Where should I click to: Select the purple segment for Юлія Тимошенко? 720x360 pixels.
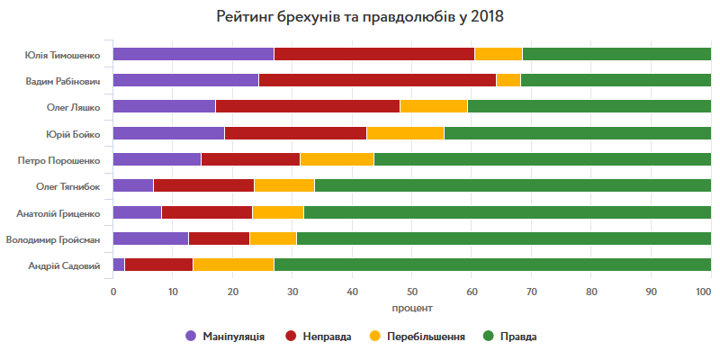click(x=193, y=54)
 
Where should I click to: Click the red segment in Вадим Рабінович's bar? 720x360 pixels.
click(x=377, y=80)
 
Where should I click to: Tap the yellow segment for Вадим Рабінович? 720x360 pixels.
click(x=508, y=80)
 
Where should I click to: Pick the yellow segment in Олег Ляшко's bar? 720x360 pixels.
click(x=434, y=106)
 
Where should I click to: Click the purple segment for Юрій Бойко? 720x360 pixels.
click(x=168, y=133)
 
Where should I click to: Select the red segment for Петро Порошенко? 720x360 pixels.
click(x=250, y=159)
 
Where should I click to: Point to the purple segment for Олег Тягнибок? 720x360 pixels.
click(x=133, y=186)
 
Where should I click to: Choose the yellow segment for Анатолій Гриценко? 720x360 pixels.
click(x=278, y=212)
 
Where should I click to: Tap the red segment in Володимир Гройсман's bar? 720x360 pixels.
click(x=219, y=238)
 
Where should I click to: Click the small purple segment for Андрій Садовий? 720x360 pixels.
click(x=119, y=265)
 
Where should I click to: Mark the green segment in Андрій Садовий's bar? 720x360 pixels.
click(x=492, y=265)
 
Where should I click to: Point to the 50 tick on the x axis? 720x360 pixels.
click(x=411, y=292)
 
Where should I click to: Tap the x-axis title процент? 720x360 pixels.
click(x=412, y=308)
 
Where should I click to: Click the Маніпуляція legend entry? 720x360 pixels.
click(x=225, y=337)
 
